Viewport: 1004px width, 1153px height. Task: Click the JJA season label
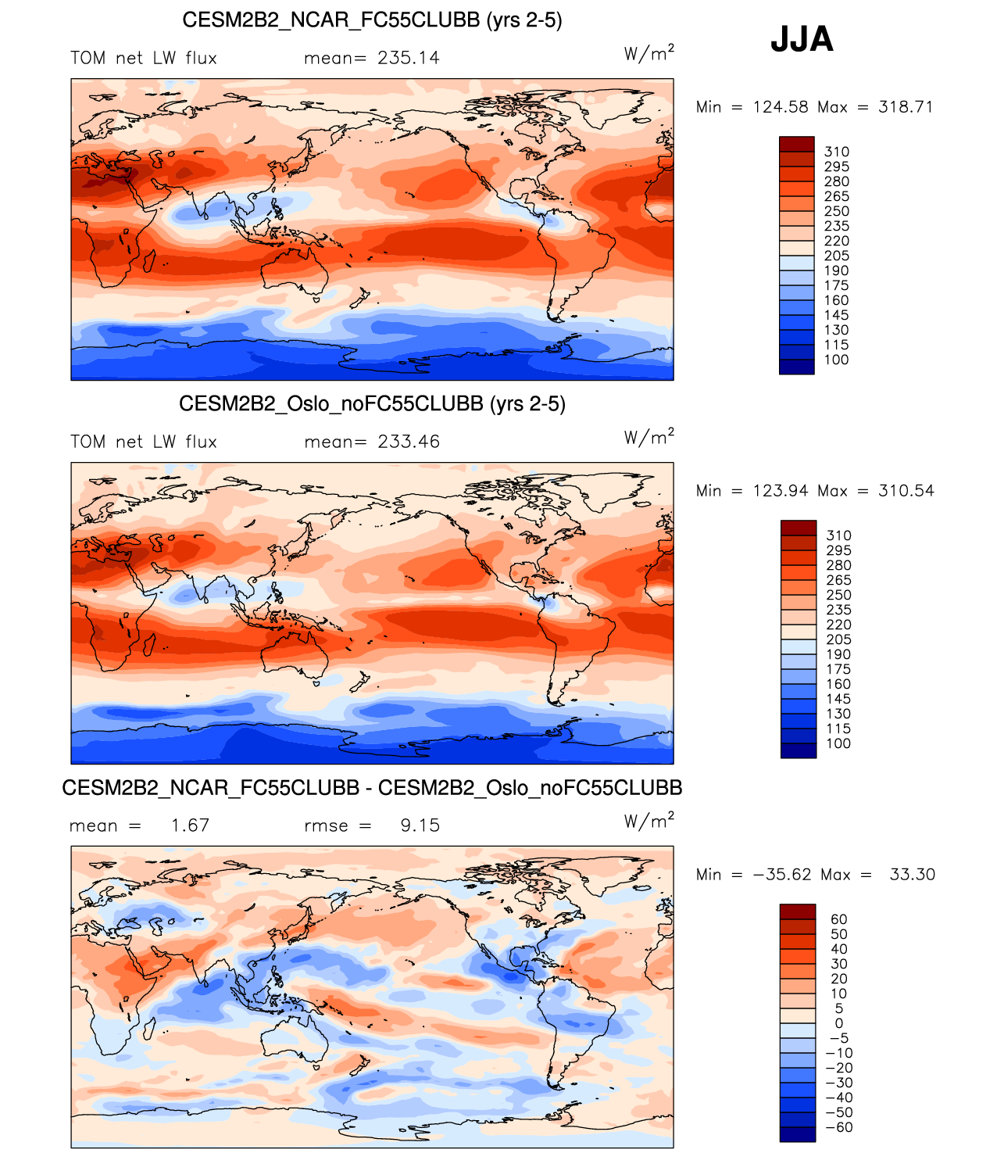[x=802, y=39]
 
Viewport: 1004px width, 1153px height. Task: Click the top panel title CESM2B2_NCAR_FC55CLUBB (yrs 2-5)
[x=372, y=20]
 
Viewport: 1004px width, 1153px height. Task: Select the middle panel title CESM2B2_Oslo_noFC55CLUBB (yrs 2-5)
[x=372, y=404]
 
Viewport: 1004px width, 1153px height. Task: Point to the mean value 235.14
[x=408, y=58]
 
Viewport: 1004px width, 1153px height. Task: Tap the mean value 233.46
[x=409, y=442]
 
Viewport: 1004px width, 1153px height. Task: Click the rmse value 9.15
[x=420, y=825]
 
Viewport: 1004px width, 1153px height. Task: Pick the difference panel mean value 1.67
[x=190, y=825]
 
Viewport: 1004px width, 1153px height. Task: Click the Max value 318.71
[x=906, y=107]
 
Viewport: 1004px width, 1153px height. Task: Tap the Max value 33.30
[x=912, y=875]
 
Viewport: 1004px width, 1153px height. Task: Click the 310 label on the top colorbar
[x=836, y=152]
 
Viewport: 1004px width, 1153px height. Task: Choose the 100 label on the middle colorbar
[x=838, y=743]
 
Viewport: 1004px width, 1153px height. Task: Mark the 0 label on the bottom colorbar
[x=839, y=1023]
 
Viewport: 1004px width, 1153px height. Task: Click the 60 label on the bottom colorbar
[x=839, y=919]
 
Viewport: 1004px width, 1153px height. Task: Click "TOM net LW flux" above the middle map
[x=144, y=442]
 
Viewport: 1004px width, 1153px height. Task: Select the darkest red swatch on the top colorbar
[x=796, y=144]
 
